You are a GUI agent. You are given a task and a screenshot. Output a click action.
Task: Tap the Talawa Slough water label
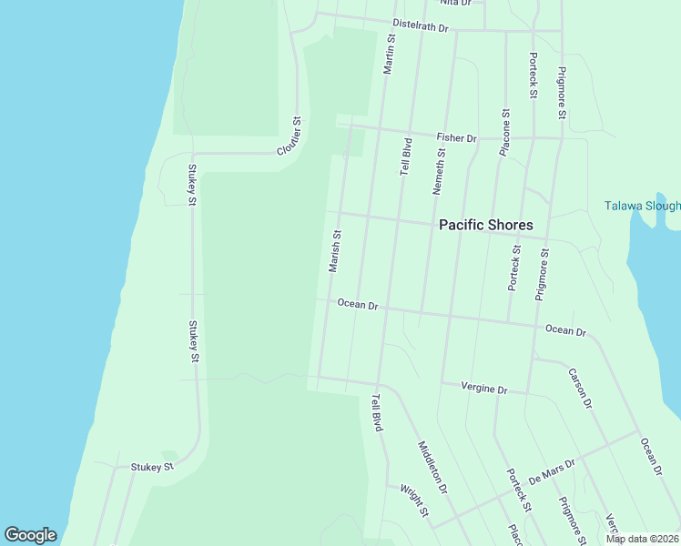(x=642, y=206)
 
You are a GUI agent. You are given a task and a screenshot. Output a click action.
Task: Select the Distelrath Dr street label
(x=421, y=26)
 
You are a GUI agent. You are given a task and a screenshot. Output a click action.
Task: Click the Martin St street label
(x=389, y=55)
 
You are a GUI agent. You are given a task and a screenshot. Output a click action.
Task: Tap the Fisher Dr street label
(x=456, y=137)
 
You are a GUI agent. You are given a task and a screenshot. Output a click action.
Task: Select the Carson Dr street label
(x=580, y=388)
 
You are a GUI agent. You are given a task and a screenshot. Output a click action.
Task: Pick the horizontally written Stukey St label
(x=152, y=467)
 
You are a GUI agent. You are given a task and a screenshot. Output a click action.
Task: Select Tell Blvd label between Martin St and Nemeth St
(x=406, y=157)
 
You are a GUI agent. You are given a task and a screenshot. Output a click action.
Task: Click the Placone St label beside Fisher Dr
(x=504, y=133)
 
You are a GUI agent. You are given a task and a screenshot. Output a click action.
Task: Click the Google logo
(x=30, y=535)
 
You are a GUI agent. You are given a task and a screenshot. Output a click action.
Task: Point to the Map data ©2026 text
(x=642, y=539)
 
